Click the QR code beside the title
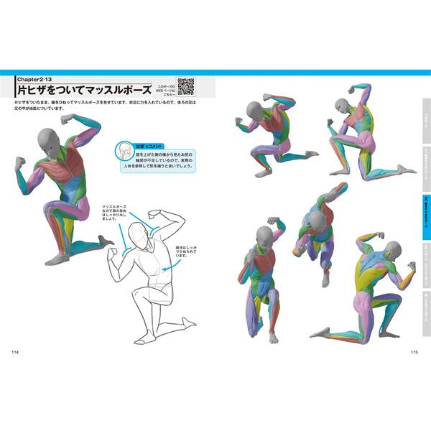186,86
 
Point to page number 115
414,351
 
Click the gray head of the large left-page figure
49,141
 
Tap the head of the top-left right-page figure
254,110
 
